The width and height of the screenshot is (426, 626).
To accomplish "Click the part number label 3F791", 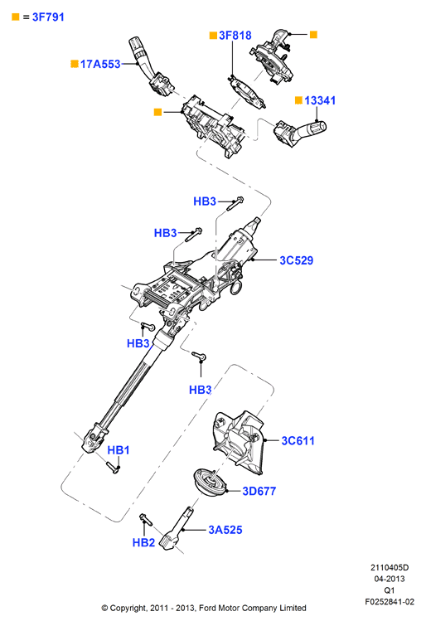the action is (x=48, y=17).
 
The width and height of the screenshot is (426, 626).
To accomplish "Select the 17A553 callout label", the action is (x=100, y=64).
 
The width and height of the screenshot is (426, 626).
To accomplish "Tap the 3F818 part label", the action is (x=235, y=36).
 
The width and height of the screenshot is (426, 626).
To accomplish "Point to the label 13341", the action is (x=320, y=100).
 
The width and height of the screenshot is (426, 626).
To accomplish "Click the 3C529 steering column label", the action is (x=296, y=260).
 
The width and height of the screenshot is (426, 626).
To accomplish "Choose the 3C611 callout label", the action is (x=298, y=441).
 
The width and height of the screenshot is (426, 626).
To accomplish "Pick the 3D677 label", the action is (x=259, y=491).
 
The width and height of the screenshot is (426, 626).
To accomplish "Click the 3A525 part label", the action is (x=225, y=530).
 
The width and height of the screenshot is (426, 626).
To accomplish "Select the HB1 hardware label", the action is (x=119, y=450).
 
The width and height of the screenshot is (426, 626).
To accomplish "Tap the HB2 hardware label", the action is (x=143, y=542).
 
